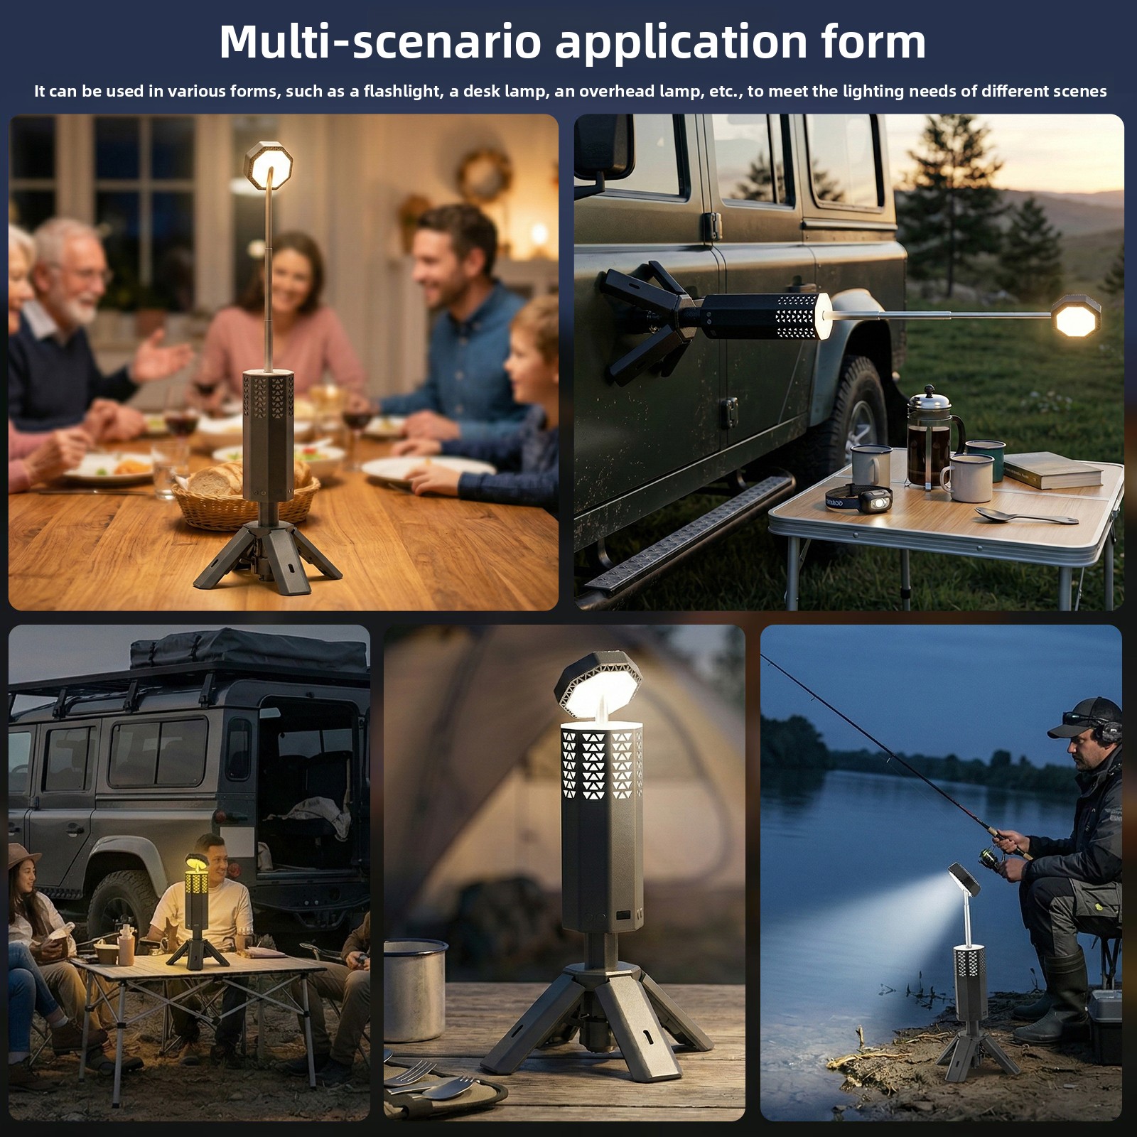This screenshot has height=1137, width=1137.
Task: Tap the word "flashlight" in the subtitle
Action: tap(401, 91)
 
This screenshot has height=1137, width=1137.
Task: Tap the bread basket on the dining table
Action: tap(245, 494)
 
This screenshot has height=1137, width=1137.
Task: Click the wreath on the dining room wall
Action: tap(485, 175)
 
